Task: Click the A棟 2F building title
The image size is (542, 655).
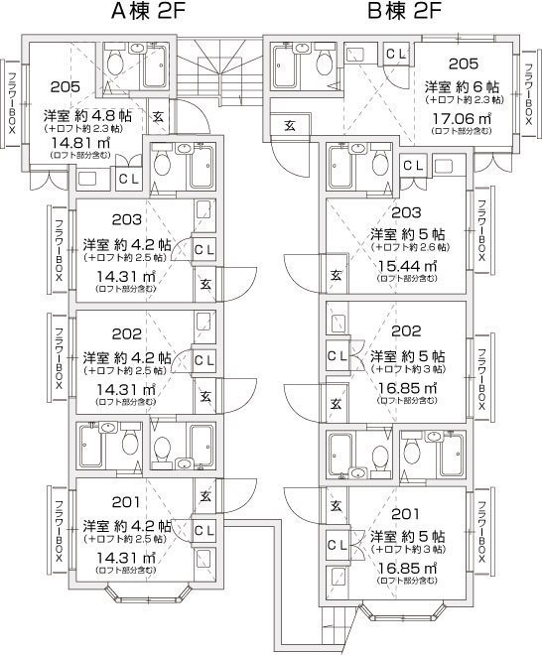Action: (148, 12)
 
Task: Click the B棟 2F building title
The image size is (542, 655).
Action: (405, 12)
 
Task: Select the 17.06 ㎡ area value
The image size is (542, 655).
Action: (462, 119)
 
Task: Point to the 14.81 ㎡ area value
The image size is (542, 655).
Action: (80, 143)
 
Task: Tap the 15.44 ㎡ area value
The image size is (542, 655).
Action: (407, 265)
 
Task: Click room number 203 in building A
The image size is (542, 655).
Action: (127, 219)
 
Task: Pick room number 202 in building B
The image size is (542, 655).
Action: (406, 331)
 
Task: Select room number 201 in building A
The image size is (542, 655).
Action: (126, 502)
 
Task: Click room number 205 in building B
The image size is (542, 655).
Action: (464, 64)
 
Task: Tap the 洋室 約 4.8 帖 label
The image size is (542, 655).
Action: (87, 115)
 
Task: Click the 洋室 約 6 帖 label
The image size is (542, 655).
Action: (462, 87)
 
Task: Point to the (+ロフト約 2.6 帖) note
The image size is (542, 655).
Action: (410, 247)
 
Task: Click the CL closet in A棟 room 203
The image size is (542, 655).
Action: (204, 250)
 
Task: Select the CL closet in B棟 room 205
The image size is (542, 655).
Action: (396, 54)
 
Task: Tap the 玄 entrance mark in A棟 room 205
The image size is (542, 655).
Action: (159, 116)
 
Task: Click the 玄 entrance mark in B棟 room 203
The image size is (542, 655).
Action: (337, 275)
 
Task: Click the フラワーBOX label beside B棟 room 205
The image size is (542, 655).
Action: (529, 94)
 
